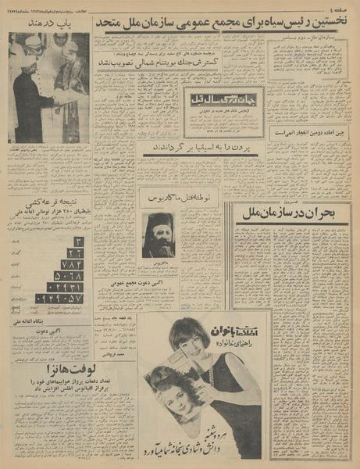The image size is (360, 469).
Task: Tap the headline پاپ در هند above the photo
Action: pos(48,23)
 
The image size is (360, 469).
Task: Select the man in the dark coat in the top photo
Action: pos(30,102)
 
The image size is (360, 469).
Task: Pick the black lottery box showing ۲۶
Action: pos(75,252)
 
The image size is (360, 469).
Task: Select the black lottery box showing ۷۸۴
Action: pos(72,264)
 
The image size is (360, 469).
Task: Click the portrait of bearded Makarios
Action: pos(158,234)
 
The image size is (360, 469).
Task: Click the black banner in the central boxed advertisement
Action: pos(223,100)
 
